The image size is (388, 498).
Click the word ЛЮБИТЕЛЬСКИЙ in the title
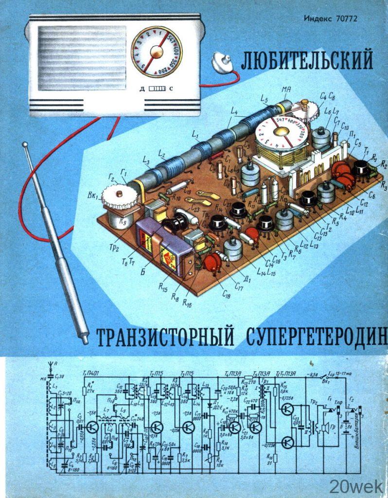pos(307,61)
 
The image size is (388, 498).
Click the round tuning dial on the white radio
pos(156,52)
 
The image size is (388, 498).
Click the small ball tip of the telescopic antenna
pos(25,145)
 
